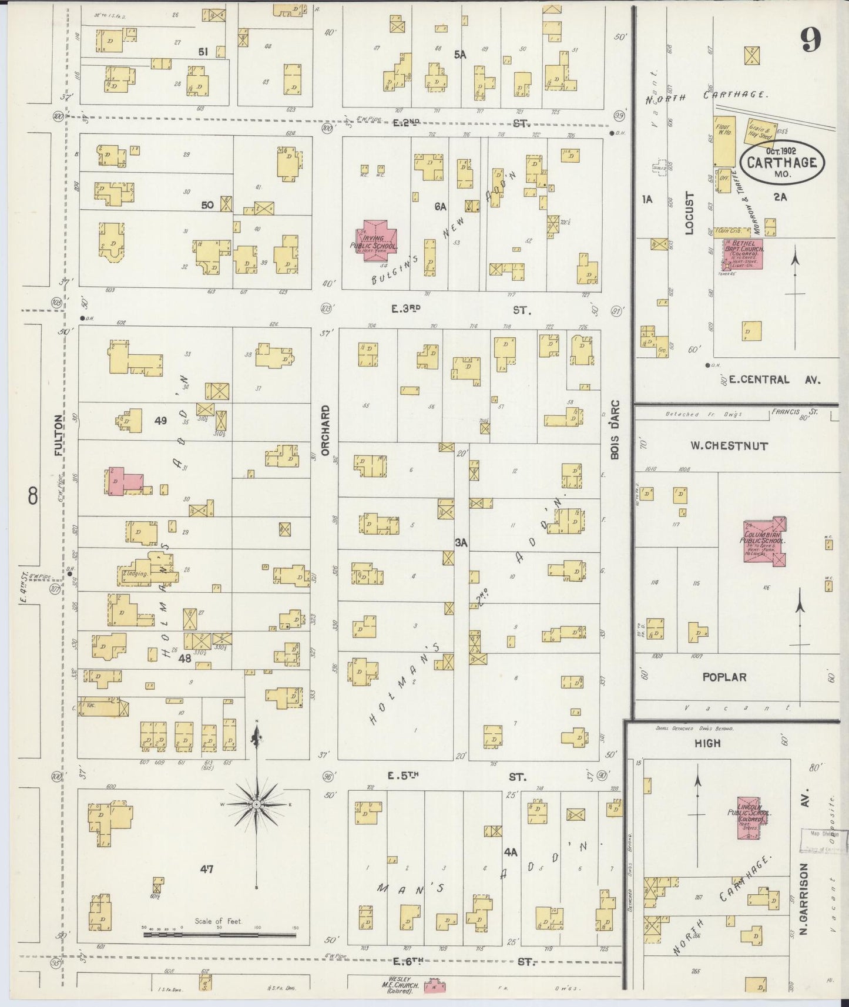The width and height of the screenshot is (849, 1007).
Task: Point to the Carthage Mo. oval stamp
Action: [x=782, y=162]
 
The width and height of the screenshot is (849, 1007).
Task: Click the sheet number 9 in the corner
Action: [x=811, y=39]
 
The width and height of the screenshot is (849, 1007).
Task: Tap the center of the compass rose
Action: [x=257, y=803]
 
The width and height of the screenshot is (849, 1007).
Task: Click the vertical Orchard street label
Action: [x=324, y=430]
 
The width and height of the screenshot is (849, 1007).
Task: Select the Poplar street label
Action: [x=724, y=677]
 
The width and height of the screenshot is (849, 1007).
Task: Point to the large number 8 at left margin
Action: [x=32, y=497]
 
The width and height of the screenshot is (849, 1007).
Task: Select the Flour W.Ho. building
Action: [x=722, y=142]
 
